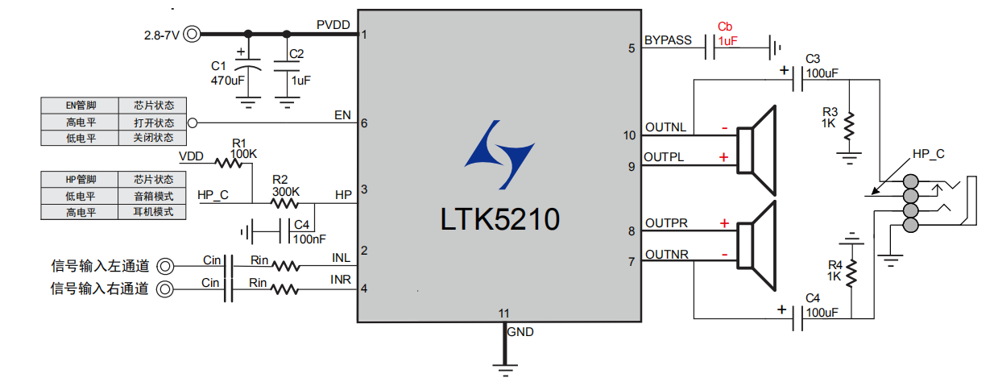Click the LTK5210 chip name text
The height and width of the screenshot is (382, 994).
[x=499, y=219]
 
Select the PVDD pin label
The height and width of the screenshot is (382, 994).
[x=333, y=25]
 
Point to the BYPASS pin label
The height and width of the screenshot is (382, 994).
[x=668, y=40]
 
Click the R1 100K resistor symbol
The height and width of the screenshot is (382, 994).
[x=230, y=163]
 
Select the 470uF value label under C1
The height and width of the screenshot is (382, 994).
[x=228, y=81]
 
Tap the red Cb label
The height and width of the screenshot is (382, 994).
[x=725, y=27]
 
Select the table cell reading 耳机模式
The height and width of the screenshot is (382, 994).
[x=153, y=213]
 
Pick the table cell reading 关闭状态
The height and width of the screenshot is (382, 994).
[x=153, y=138]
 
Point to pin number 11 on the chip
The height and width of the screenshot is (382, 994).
[x=503, y=313]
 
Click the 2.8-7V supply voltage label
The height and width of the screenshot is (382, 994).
[x=162, y=35]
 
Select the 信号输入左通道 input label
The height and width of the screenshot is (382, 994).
[x=100, y=265]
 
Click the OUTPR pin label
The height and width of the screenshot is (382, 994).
[x=666, y=223]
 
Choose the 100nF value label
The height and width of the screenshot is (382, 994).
[x=309, y=239]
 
